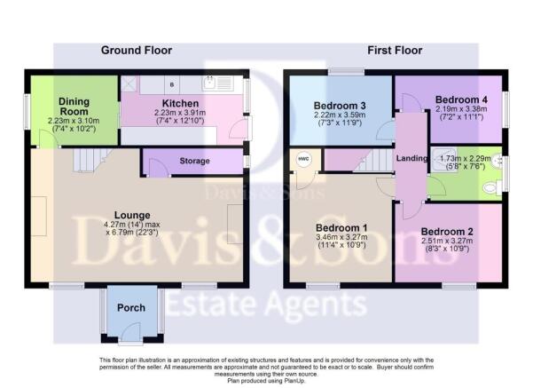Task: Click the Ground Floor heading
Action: pos(137,51)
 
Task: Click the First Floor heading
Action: pos(395,51)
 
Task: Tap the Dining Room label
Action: pos(74,107)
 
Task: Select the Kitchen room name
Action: pos(180,103)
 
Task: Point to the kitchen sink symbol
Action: pos(217,83)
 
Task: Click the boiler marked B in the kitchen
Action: pos(172,84)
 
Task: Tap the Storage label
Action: pos(194,161)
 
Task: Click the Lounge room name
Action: pos(132,215)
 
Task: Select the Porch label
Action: pos(131,308)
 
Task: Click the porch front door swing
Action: pos(131,331)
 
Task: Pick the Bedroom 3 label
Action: pos(340,106)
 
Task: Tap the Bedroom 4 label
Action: pos(461,99)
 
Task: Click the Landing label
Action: pos(412,158)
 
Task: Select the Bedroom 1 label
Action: pos(341,227)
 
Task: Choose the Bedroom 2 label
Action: pos(447,232)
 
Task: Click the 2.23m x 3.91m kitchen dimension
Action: pos(180,113)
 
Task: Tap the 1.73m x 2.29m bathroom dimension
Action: pos(466,158)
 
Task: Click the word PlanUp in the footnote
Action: pos(296,381)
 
